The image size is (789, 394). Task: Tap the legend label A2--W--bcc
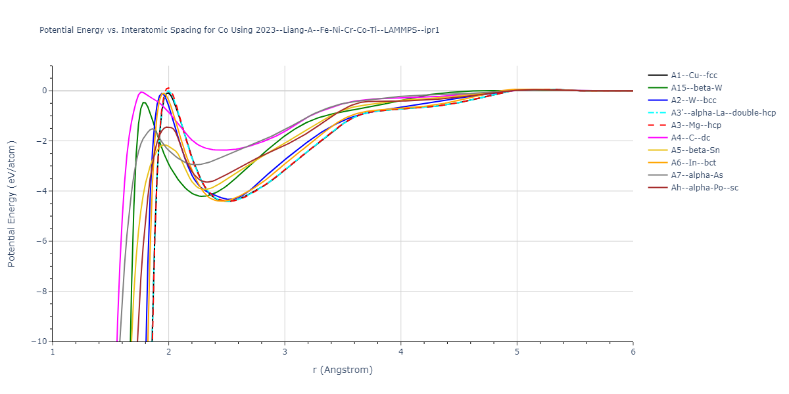tap(694, 100)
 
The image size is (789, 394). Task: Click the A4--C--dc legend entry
tap(690, 138)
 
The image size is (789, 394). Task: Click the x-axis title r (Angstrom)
tap(343, 370)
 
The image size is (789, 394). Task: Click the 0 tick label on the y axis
tap(44, 91)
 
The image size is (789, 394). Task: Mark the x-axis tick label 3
tap(285, 353)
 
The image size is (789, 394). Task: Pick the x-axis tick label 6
tap(633, 353)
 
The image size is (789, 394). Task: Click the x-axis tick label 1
tap(53, 353)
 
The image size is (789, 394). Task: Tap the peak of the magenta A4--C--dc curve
tap(141, 92)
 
